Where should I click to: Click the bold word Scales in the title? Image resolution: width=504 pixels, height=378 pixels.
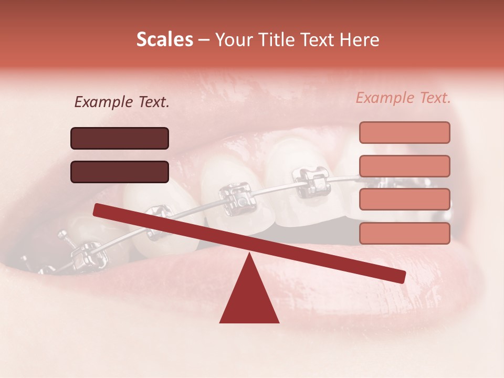tap(164, 39)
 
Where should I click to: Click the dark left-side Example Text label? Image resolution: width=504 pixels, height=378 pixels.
tap(122, 102)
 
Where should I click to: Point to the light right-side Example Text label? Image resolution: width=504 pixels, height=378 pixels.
tap(403, 98)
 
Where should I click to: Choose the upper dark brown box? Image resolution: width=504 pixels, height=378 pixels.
tap(120, 138)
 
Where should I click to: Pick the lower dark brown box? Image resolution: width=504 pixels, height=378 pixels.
tap(120, 172)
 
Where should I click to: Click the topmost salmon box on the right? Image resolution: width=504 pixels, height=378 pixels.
tap(404, 132)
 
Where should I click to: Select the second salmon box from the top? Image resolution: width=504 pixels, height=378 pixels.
tap(404, 166)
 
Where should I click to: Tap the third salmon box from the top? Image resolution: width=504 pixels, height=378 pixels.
tap(404, 199)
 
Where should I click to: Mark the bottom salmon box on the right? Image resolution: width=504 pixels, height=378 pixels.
tap(404, 233)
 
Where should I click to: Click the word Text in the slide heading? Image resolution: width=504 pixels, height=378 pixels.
tap(318, 39)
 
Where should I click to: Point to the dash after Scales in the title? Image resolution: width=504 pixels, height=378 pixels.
tap(204, 39)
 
